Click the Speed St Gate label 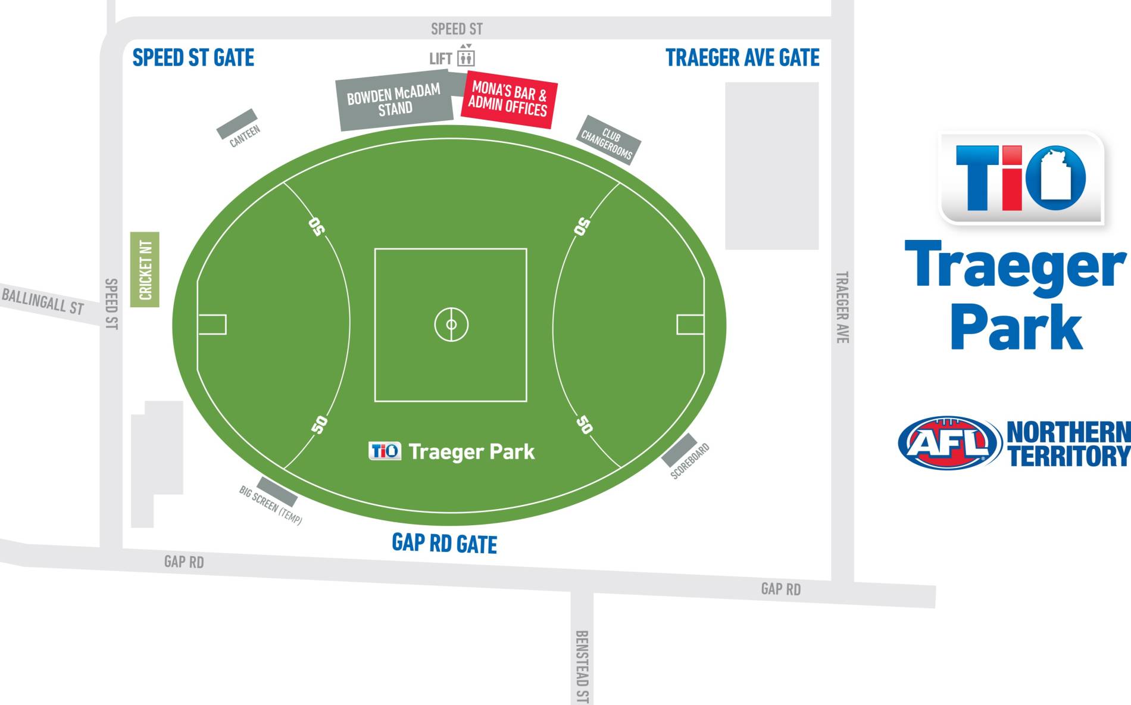point(193,58)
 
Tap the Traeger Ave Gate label point(742,58)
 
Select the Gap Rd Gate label point(444,543)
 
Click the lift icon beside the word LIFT point(465,57)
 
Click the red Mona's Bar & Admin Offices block point(508,99)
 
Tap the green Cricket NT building point(145,269)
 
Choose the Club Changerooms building point(610,139)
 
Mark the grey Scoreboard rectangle point(679,450)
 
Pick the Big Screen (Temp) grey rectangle point(277,491)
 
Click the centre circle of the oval point(451,325)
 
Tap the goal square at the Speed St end point(212,325)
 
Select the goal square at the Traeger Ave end point(691,325)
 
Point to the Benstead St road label point(582,667)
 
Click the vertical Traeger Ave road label point(842,307)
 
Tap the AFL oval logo point(949,442)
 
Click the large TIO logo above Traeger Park point(1021,178)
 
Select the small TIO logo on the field point(385,451)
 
